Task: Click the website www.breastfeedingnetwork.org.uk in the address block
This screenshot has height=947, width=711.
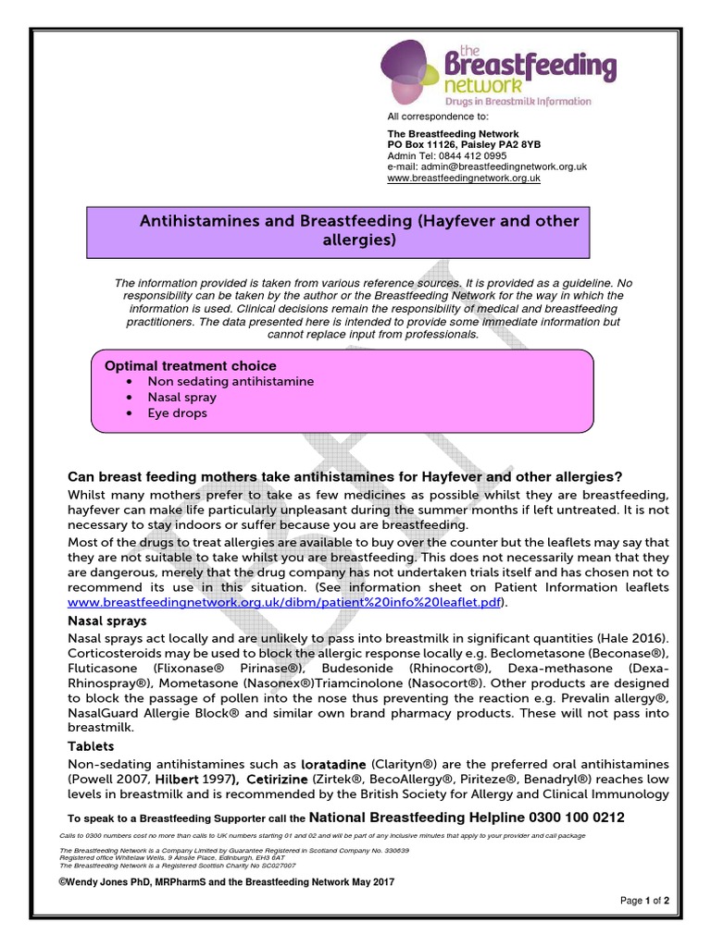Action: click(463, 178)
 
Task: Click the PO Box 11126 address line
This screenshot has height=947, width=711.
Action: click(464, 145)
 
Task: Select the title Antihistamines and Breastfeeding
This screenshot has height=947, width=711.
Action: click(358, 231)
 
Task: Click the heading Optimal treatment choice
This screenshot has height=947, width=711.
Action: click(190, 366)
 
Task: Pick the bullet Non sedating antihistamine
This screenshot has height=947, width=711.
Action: click(231, 381)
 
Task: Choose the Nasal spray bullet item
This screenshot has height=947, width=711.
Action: click(181, 398)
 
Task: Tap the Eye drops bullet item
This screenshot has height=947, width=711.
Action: click(177, 413)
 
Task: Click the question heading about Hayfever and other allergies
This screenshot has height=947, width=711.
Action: click(345, 477)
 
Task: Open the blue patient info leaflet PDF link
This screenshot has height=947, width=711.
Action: click(288, 602)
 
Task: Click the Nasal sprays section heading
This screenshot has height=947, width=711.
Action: click(107, 621)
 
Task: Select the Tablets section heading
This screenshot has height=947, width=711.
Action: click(91, 746)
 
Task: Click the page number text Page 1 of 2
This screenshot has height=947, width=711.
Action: click(644, 900)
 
